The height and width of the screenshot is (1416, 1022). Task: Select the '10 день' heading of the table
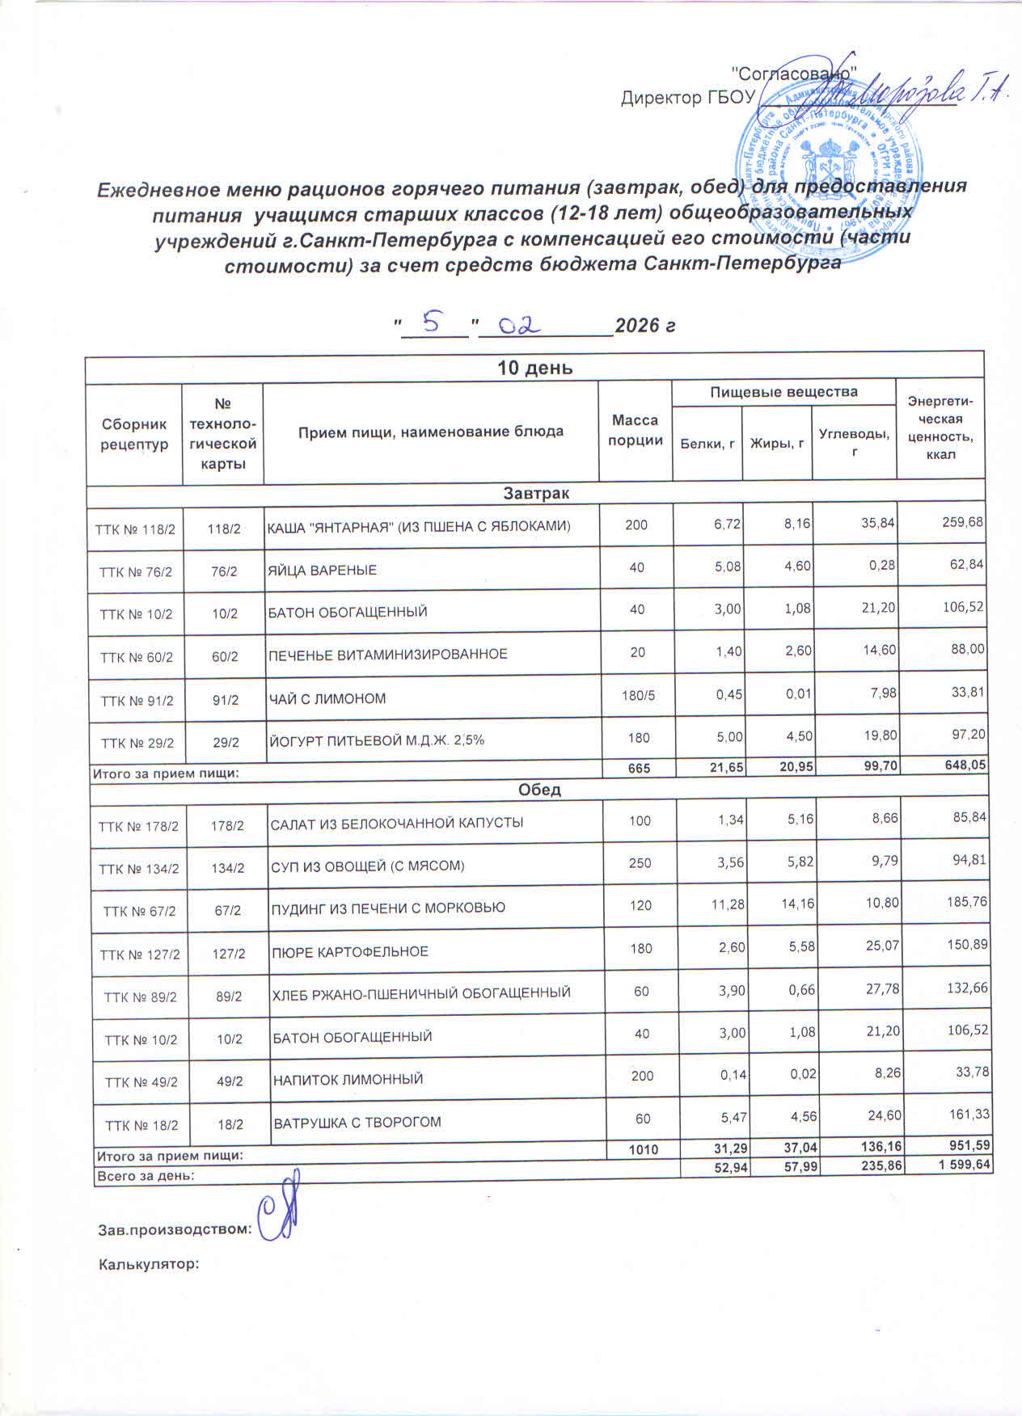point(534,368)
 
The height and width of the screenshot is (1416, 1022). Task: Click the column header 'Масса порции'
point(636,430)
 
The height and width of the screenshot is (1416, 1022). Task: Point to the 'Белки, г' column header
point(707,443)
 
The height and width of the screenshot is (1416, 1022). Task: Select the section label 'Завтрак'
point(536,492)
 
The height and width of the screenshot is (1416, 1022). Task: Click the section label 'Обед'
point(539,790)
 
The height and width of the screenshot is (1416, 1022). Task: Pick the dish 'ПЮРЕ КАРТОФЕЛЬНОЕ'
point(350,951)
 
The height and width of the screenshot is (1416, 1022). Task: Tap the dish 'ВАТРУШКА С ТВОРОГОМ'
point(357,1123)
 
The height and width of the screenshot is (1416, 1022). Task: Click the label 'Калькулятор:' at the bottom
point(149,1263)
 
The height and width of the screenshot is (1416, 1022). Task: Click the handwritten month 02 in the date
point(518,325)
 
